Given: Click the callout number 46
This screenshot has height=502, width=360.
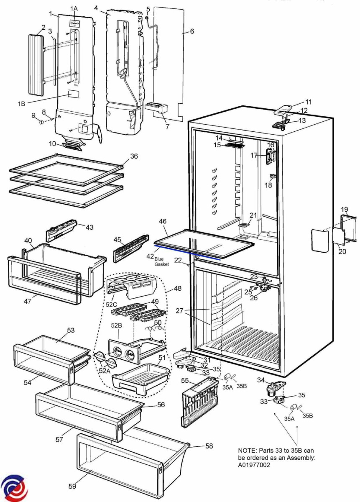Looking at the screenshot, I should click(x=163, y=220).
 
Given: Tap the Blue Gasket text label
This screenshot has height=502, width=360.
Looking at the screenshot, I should click(x=161, y=262).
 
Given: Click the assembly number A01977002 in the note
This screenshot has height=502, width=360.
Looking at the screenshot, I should click(x=255, y=465).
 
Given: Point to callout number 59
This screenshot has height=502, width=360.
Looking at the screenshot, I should click(x=73, y=486).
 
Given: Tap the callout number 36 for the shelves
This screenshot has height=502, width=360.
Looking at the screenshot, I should click(x=134, y=156).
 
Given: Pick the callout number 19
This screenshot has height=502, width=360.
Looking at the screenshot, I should click(x=344, y=209).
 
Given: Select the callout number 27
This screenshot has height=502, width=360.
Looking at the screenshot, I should click(x=180, y=311).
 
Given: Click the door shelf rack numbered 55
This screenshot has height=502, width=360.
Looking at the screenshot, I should click(x=200, y=402).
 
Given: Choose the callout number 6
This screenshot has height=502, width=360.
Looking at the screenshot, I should click(x=192, y=31).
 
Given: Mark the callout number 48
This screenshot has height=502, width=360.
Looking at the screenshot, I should click(x=178, y=289).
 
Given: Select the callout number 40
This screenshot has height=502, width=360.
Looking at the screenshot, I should click(x=28, y=241).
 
